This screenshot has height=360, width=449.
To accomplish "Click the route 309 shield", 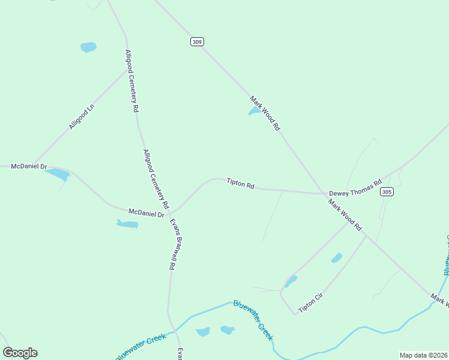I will [197, 41].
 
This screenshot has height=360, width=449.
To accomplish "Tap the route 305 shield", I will [387, 191].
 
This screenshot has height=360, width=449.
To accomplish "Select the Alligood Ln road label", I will [82, 117].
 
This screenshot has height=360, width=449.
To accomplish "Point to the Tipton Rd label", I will [240, 183].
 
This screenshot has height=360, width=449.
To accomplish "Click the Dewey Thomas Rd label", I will [355, 188].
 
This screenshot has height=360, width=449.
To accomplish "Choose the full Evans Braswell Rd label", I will [174, 244].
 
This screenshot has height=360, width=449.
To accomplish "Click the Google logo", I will [20, 353].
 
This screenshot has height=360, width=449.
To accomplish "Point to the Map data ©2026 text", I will [423, 355].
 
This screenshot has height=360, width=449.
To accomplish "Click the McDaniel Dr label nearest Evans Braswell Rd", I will [146, 212].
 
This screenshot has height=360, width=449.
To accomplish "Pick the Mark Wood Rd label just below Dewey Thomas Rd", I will [345, 215].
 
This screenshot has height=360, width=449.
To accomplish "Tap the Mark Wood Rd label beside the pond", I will [265, 113].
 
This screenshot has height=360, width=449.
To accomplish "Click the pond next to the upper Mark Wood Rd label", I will [255, 111].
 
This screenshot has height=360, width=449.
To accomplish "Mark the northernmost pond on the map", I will [88, 47].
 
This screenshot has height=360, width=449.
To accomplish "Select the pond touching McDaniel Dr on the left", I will [58, 175].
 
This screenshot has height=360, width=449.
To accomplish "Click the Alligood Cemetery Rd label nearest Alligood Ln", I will [131, 82].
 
